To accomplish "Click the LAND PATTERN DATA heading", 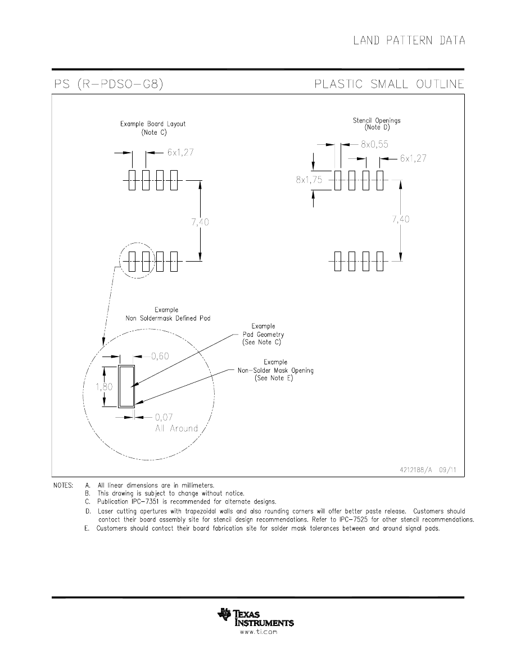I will coord(409,40).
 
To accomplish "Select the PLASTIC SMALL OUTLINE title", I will coord(389,84).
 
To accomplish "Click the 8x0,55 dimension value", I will coord(375,144).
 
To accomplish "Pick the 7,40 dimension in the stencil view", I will coord(400,220).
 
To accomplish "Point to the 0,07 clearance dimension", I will coord(164,417).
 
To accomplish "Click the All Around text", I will coord(176,428).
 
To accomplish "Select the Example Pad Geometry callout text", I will coord(262,334).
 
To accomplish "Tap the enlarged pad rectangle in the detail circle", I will coord(126,386).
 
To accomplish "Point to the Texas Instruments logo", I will coord(256,616).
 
